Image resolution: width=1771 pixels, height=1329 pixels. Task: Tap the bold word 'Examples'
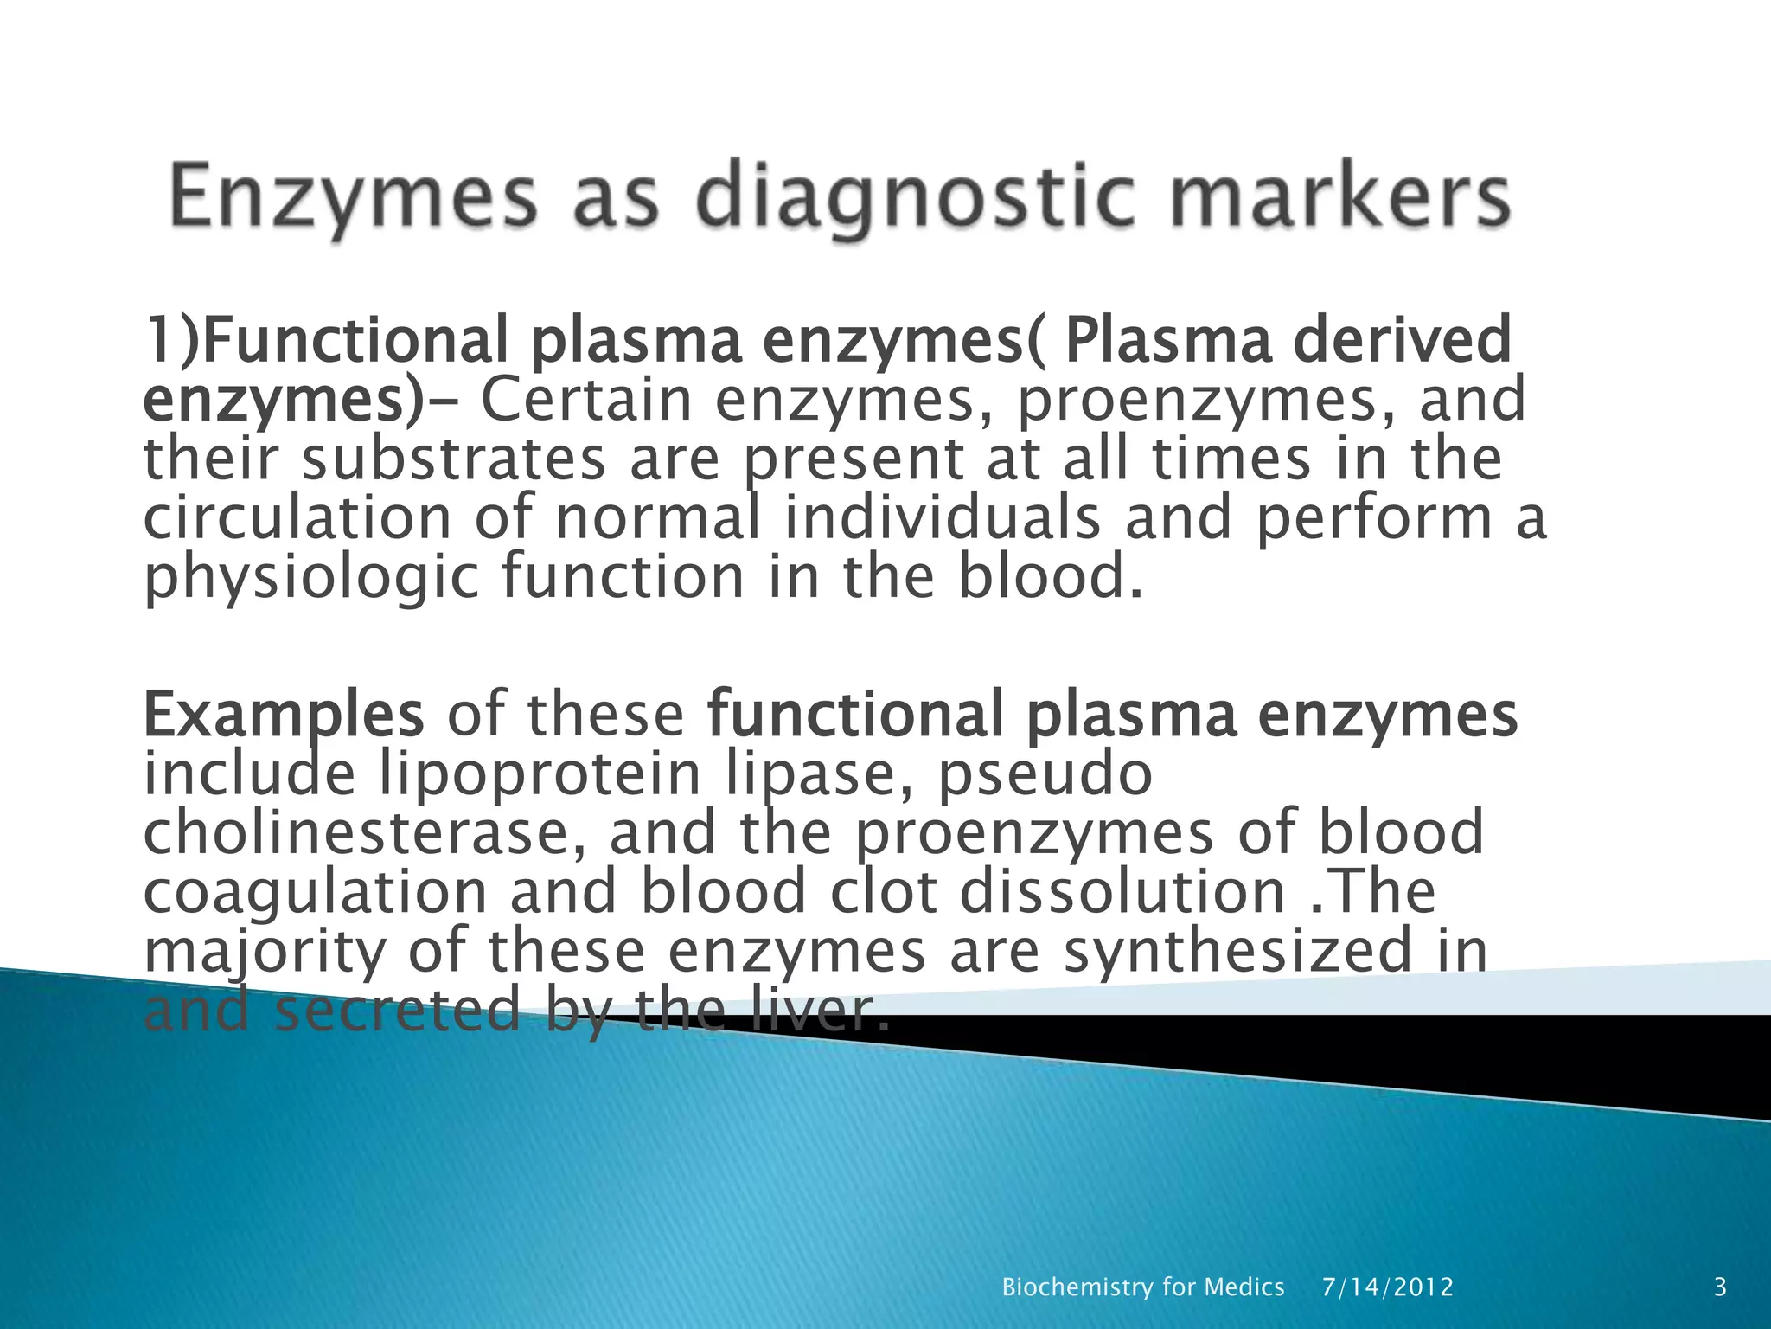point(284,715)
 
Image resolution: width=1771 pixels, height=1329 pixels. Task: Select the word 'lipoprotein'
point(540,774)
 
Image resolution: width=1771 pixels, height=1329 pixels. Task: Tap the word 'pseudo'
point(1045,774)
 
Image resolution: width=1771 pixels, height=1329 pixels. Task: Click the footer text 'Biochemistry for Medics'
point(1142,1287)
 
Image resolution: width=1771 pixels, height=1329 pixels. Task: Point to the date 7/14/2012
point(1387,1287)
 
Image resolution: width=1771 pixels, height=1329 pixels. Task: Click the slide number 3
point(1720,1287)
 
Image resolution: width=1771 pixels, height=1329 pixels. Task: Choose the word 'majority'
point(265,952)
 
